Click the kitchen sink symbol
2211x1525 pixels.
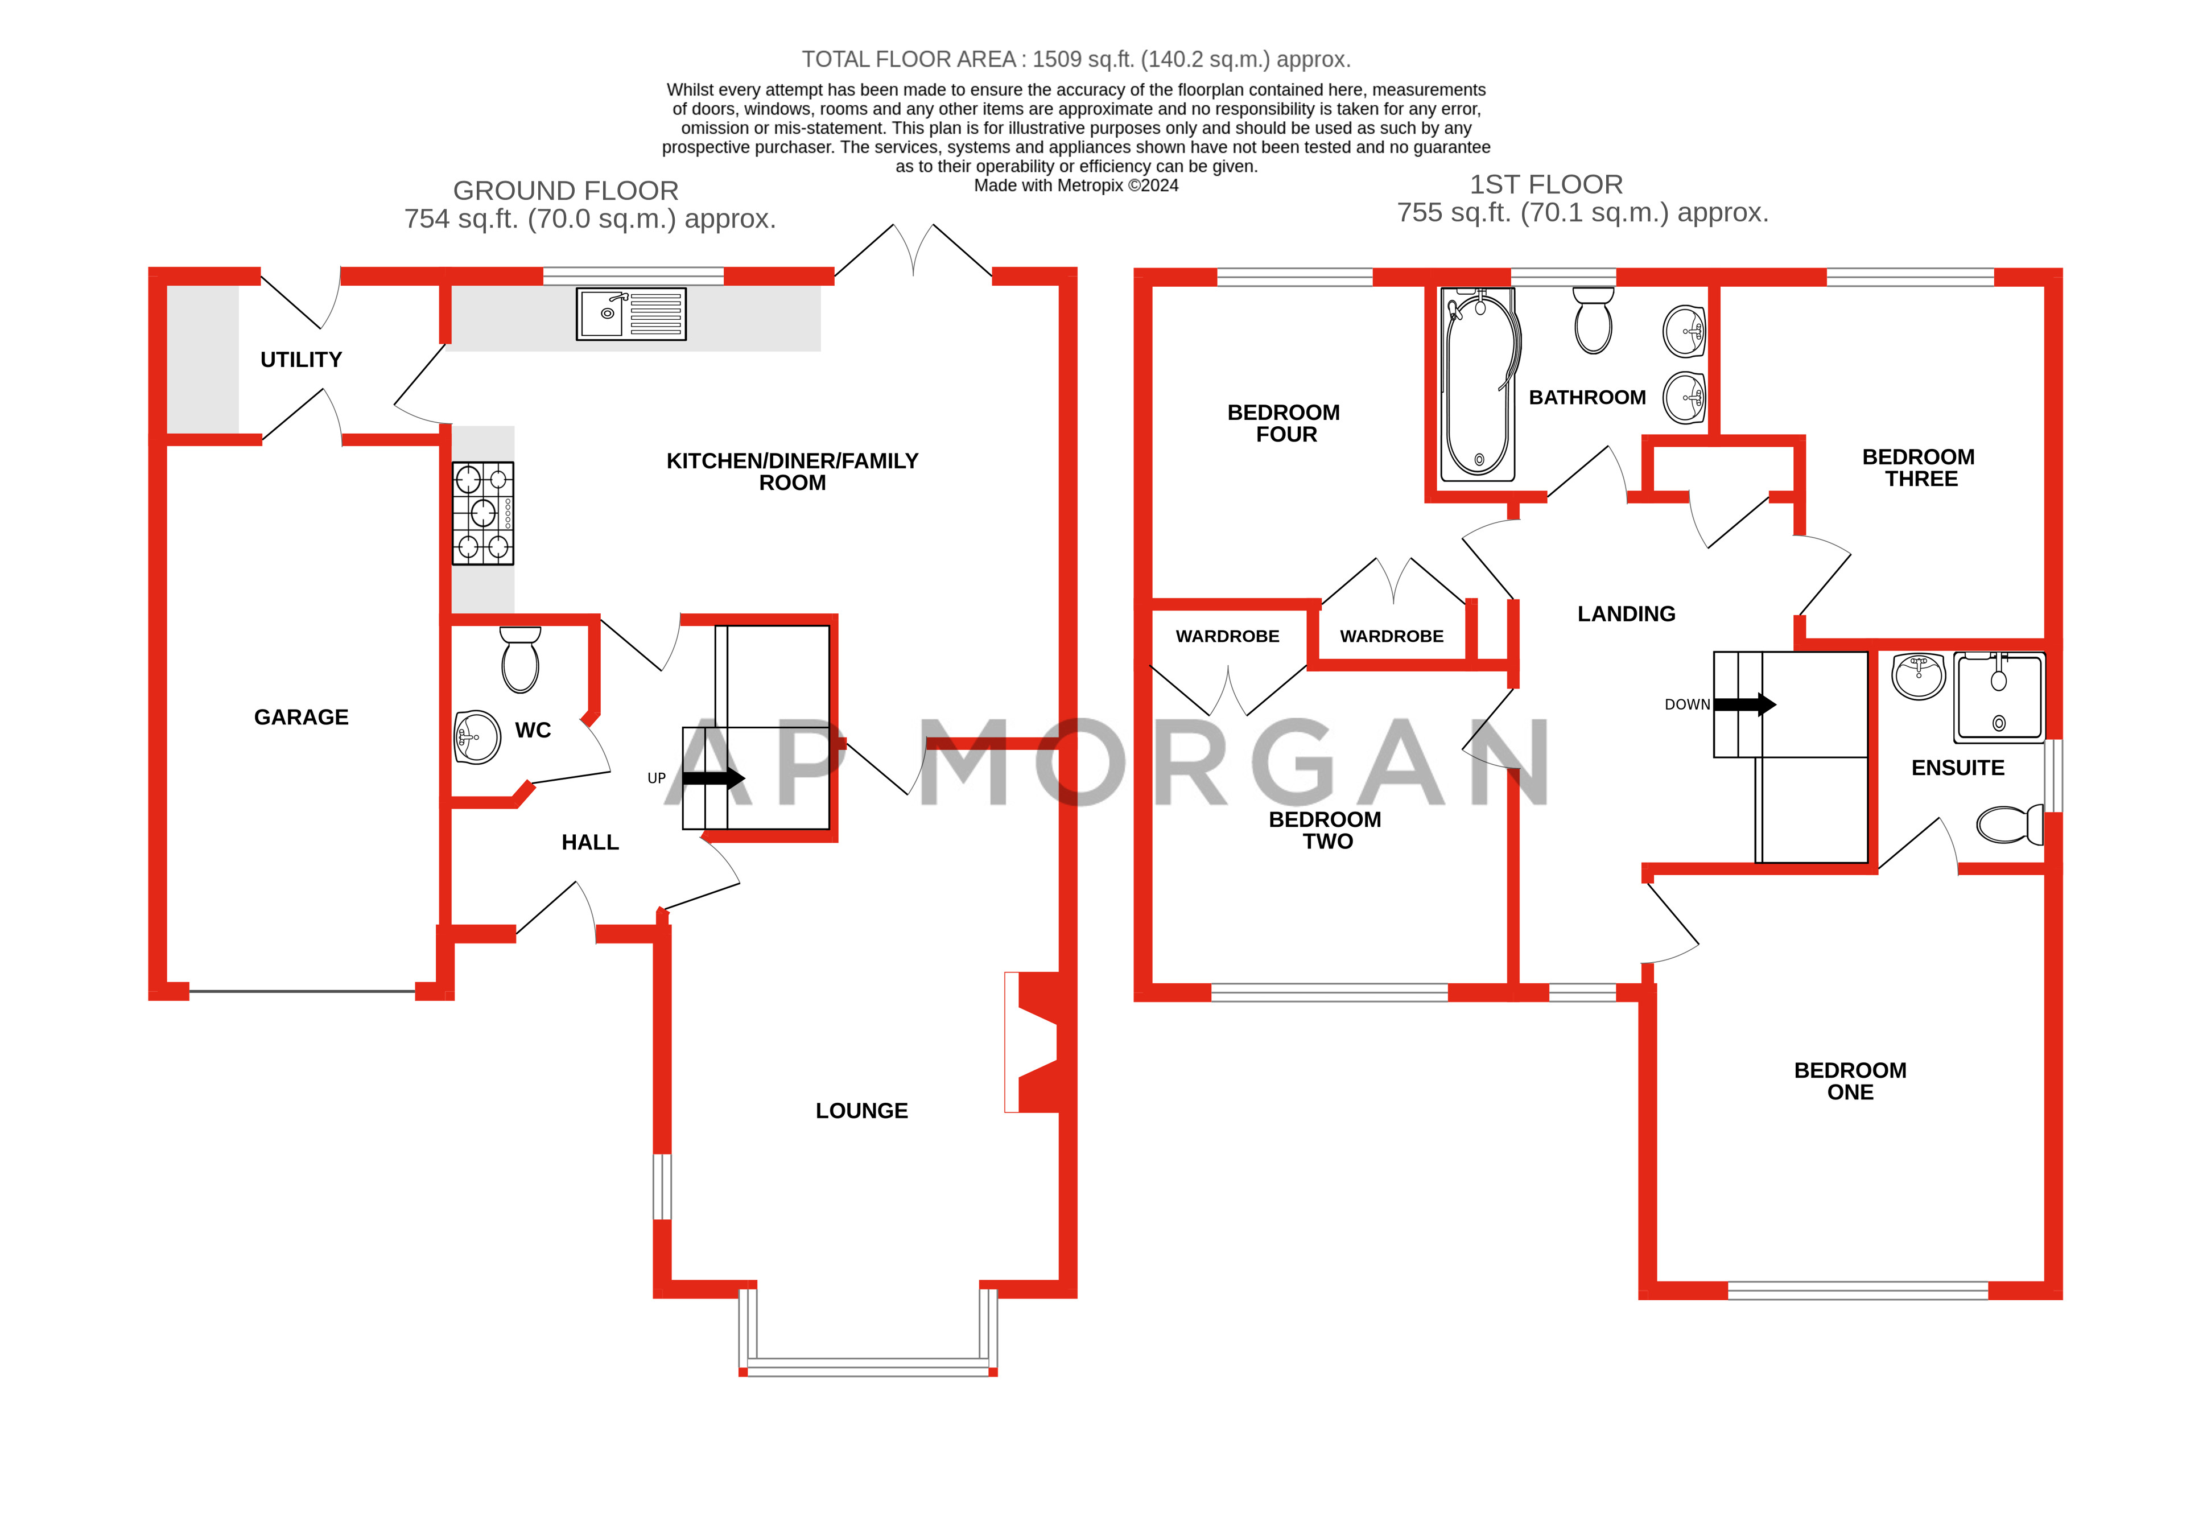pos(630,314)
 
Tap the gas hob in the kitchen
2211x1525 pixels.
pos(482,513)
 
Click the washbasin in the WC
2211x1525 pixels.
pos(477,737)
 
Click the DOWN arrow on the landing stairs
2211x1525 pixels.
pos(1744,705)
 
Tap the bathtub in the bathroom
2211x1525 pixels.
pos(1478,384)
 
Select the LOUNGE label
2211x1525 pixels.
pos(861,1110)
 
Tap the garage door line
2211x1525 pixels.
pos(302,992)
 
